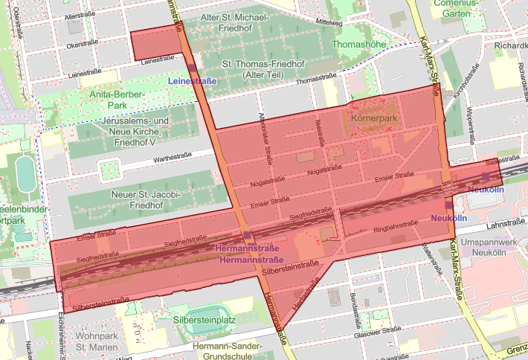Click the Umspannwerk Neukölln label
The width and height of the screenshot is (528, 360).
pos(489,248)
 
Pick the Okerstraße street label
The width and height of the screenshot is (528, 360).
pos(83,45)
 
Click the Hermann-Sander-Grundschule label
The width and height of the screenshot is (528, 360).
pos(227,352)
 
